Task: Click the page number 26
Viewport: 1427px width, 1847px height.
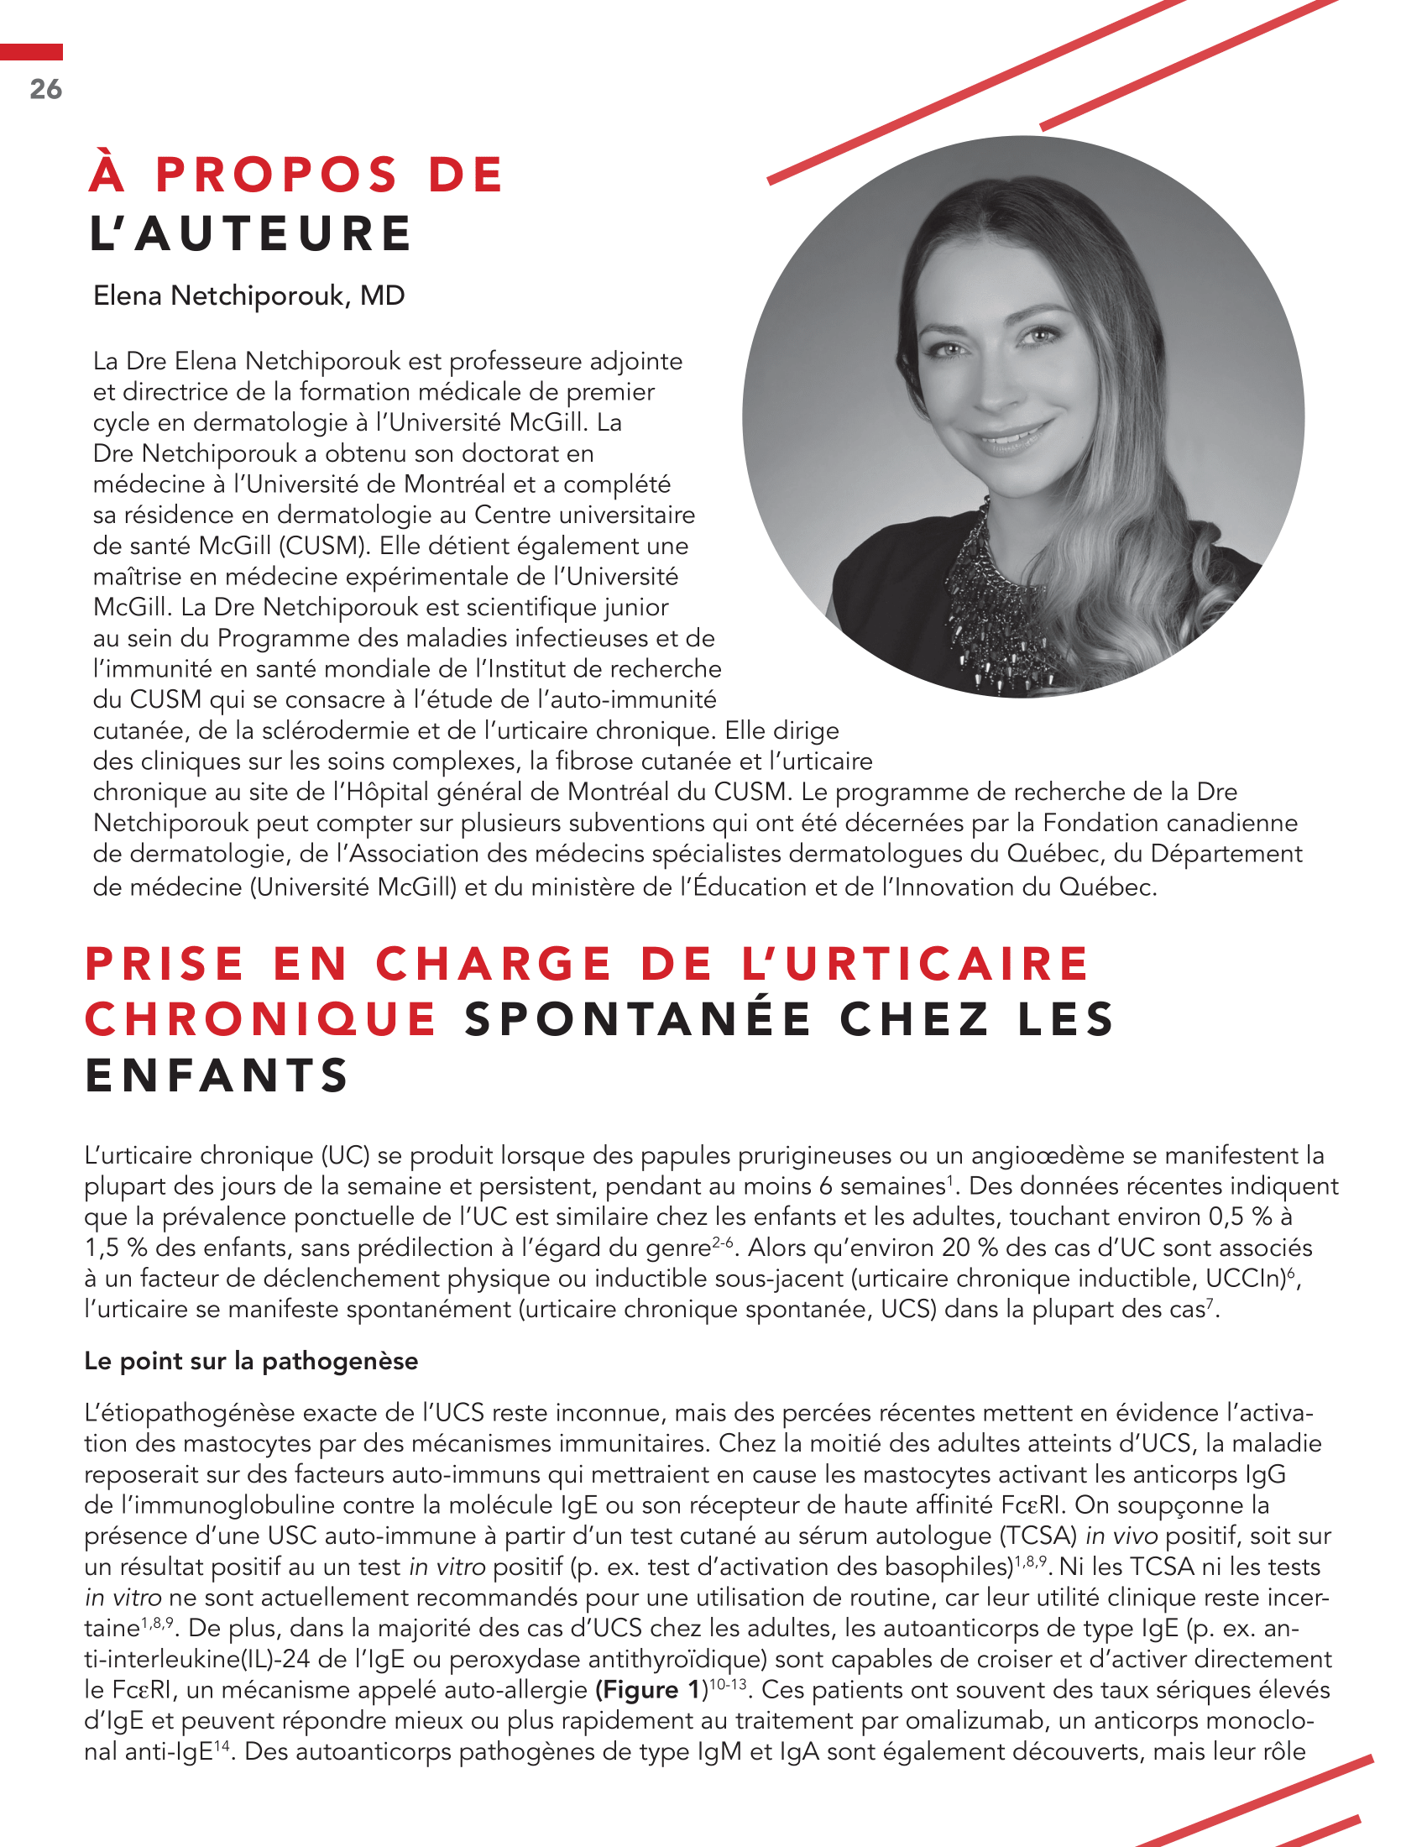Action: (x=45, y=89)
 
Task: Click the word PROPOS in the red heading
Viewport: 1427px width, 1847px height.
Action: (x=276, y=175)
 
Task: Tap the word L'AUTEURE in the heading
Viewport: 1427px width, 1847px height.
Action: (x=250, y=233)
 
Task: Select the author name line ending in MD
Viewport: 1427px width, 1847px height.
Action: (x=248, y=296)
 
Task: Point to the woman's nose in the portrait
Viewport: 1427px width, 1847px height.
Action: (x=997, y=385)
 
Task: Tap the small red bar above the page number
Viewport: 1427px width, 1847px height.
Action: (x=31, y=52)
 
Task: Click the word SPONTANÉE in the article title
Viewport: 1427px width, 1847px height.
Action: (x=637, y=1019)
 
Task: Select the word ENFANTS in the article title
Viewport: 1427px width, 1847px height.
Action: (x=217, y=1075)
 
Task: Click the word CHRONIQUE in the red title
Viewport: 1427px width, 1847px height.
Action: (x=260, y=1019)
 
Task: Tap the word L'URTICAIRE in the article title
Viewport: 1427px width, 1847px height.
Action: (x=916, y=964)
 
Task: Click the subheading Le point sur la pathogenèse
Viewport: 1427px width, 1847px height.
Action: (x=251, y=1361)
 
